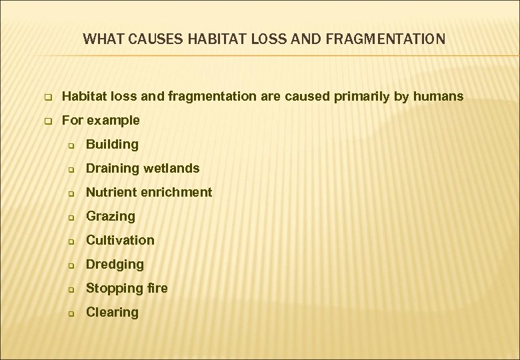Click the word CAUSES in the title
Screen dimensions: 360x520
click(145, 39)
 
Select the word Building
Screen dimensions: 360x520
click(112, 145)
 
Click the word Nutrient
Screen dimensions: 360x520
click(111, 192)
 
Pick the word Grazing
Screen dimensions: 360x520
click(111, 216)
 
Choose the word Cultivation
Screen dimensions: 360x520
click(120, 240)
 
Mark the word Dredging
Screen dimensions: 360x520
click(115, 265)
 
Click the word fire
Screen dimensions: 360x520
click(158, 288)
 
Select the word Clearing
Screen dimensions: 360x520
click(112, 312)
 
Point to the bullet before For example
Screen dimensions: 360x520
click(48, 121)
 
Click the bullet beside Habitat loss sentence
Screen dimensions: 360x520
click(48, 97)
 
